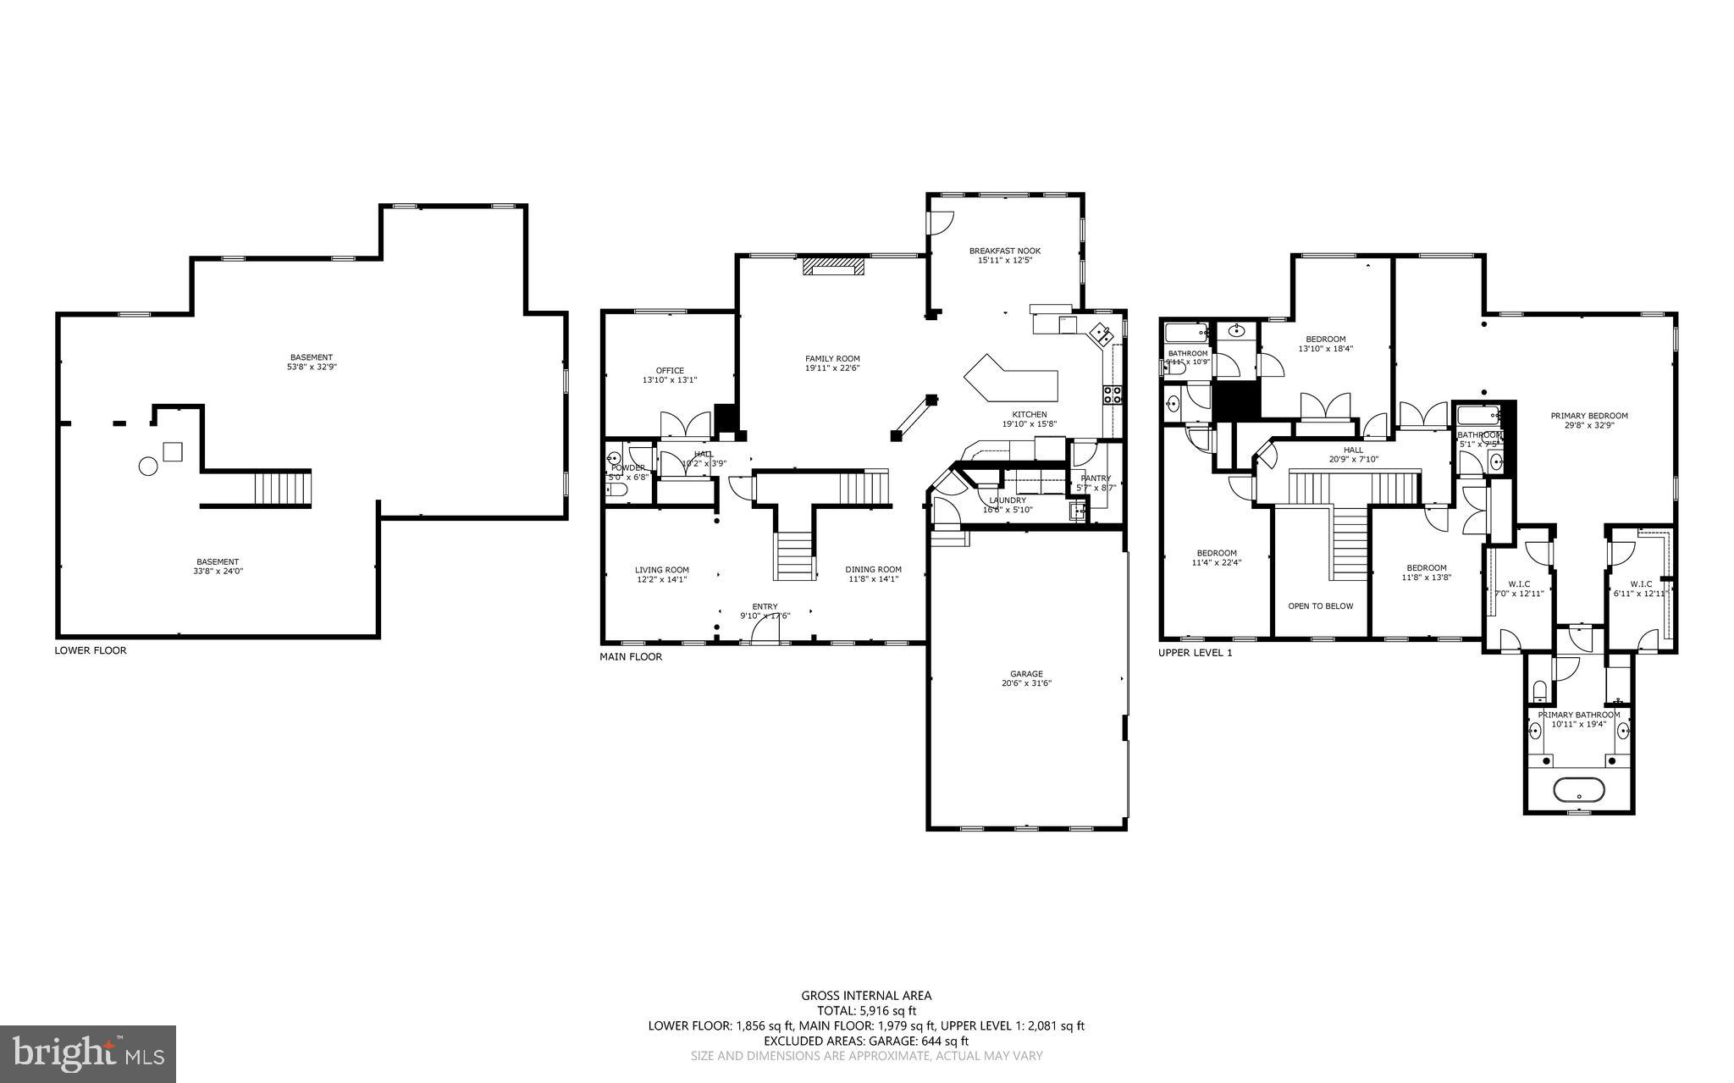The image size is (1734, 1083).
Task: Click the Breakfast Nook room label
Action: [x=1004, y=251]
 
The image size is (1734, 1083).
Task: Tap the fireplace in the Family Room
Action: [x=834, y=267]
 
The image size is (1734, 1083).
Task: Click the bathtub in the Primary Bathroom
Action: [x=1578, y=790]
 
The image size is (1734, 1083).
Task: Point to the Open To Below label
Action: [x=1320, y=606]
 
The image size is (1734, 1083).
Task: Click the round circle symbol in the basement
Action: [x=148, y=467]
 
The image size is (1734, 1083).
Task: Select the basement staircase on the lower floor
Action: [x=283, y=489]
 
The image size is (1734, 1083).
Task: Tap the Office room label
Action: [x=669, y=371]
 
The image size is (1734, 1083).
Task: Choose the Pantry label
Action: [x=1095, y=478]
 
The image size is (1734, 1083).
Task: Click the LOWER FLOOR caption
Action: [x=91, y=650]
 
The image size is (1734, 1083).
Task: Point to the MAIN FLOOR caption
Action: [x=631, y=656]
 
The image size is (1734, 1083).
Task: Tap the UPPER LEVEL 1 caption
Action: [x=1195, y=653]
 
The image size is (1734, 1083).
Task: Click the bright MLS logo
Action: [x=88, y=1053]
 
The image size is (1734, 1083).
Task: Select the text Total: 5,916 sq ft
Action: [x=866, y=1010]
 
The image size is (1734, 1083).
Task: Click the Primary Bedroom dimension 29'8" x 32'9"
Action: [x=1588, y=426]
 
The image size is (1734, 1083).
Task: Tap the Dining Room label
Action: [x=873, y=570]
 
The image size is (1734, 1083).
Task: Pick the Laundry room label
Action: [x=1007, y=500]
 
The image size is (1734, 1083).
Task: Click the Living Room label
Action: [x=662, y=570]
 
